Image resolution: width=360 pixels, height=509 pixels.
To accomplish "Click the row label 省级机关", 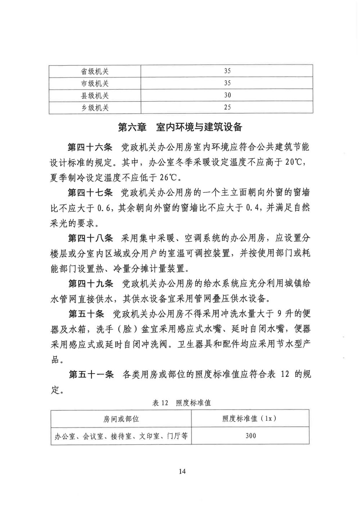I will pos(95,71).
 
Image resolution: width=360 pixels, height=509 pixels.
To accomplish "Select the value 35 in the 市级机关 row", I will pos(227,83).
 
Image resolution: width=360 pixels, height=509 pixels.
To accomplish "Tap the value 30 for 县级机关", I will pos(227,95).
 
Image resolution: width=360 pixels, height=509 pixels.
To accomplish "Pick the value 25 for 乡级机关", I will pos(227,107).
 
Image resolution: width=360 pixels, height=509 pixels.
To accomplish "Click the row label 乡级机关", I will pos(95,107).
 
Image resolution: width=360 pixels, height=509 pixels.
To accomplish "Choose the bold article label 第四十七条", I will pos(90,193).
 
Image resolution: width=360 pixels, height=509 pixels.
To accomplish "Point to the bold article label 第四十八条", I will pos(90,238).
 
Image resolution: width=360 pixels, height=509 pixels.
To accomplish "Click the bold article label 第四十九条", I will pos(90,284).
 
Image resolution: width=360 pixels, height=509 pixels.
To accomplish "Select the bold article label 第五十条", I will pos(86,314).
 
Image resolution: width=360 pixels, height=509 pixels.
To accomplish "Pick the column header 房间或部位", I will pos(121,419).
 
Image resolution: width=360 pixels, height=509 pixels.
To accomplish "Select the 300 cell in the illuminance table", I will pos(251,436).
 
